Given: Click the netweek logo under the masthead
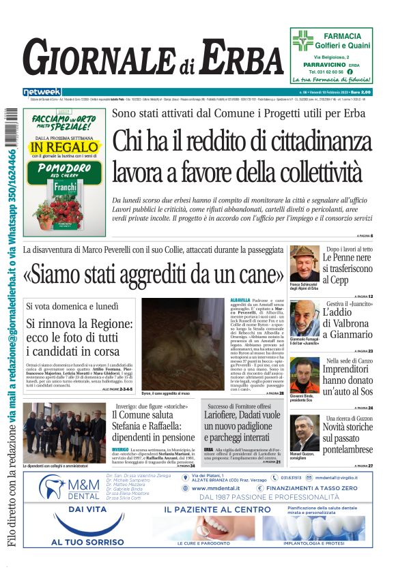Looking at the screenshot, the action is [42, 91].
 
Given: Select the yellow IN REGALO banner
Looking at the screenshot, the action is [64, 147].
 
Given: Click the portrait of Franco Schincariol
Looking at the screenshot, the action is [304, 262].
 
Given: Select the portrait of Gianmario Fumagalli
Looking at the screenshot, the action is [304, 317].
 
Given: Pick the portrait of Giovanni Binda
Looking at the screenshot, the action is [304, 374].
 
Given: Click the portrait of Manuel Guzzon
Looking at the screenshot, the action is [304, 432].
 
